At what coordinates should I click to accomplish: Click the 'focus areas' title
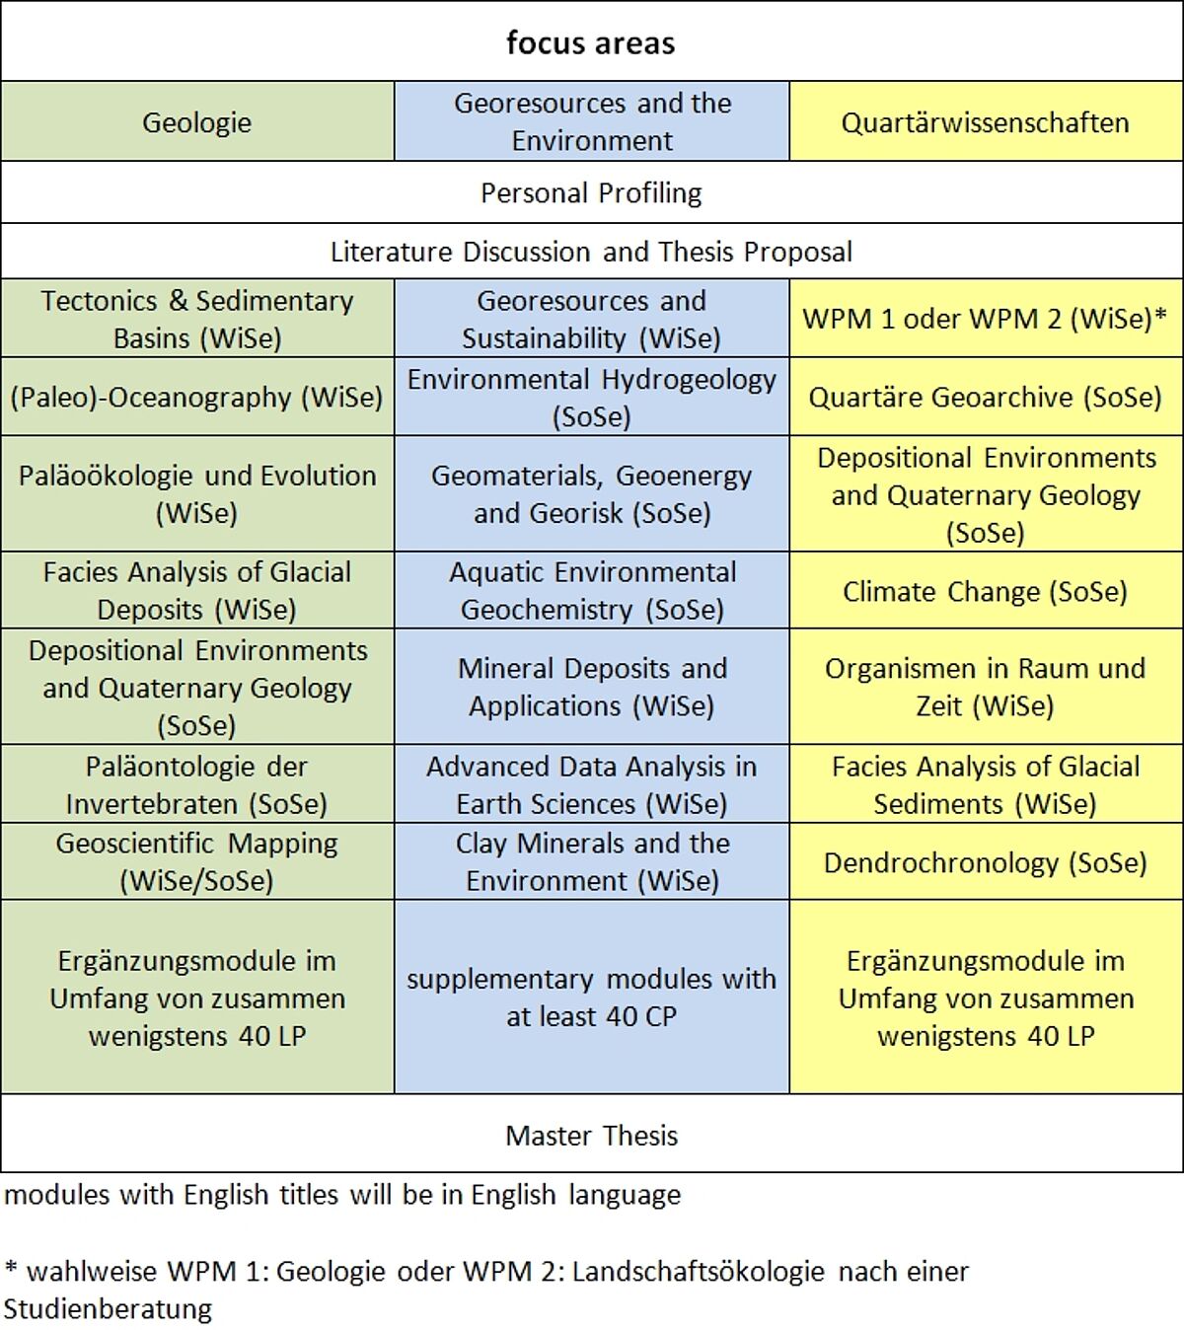tap(591, 42)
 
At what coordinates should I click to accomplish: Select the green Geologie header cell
tap(197, 122)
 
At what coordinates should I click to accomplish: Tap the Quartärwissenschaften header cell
tap(985, 122)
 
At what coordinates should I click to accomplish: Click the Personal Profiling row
tap(591, 192)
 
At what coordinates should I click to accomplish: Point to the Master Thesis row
tap(591, 1135)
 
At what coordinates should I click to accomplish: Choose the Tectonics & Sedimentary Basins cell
tap(197, 319)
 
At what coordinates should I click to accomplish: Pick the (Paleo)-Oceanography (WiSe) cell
tap(197, 397)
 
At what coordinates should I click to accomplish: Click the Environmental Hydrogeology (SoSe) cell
tap(591, 397)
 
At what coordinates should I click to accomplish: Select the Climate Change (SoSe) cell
tap(985, 591)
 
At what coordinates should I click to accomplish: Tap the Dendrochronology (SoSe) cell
tap(985, 862)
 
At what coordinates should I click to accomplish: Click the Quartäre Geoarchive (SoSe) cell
tap(985, 397)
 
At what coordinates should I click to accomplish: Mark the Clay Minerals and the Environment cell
tap(591, 861)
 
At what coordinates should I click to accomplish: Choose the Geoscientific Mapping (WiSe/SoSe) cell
tap(197, 861)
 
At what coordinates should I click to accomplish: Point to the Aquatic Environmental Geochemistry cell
tap(591, 590)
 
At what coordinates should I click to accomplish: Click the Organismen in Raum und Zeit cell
tap(985, 687)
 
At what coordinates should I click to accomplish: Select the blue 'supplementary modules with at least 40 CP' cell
tap(591, 997)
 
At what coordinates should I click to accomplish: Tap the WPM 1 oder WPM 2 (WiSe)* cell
tap(985, 319)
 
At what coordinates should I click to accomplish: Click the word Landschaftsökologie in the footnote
tap(698, 1271)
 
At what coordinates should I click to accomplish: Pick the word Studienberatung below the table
tap(108, 1309)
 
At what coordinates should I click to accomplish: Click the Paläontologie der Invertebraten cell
tap(197, 784)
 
